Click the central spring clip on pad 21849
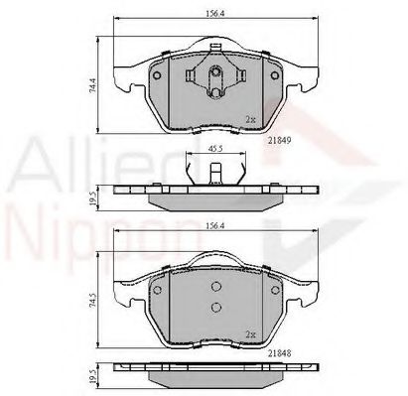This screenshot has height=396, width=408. [x=213, y=78]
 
